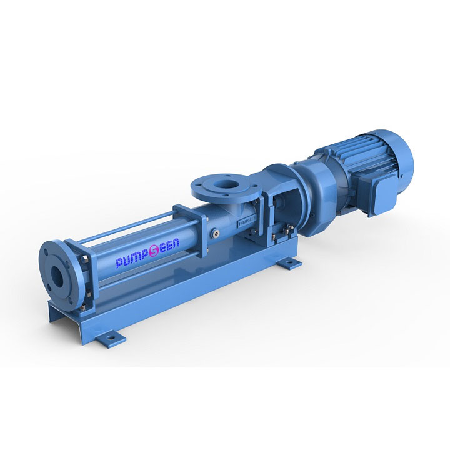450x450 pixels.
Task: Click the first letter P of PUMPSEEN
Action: (x=119, y=264)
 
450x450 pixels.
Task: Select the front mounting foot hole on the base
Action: (x=112, y=337)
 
